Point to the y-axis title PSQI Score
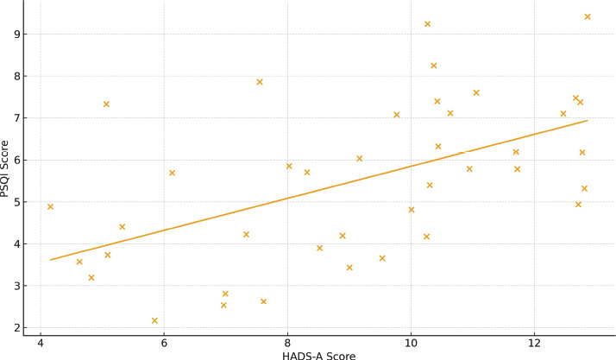tap(6, 168)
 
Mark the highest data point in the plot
tap(588, 16)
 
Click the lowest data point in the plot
tap(154, 320)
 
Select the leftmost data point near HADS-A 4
tap(50, 207)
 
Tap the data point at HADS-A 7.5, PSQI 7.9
tap(260, 82)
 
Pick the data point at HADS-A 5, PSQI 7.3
tap(106, 104)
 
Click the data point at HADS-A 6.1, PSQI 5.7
tap(172, 173)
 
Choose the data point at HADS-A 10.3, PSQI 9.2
tap(427, 24)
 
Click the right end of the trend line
tap(588, 120)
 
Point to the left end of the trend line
tap(50, 260)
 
